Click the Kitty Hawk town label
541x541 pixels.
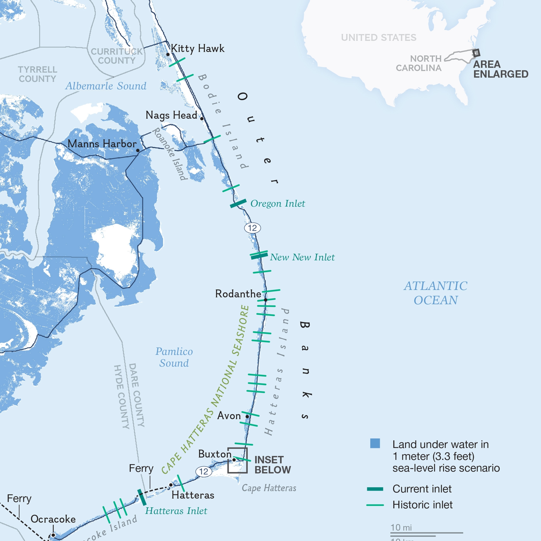click(x=197, y=48)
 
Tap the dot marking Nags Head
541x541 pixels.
click(x=202, y=119)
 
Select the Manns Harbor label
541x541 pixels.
click(x=102, y=144)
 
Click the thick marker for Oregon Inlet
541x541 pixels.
click(x=238, y=204)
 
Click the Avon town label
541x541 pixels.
click(x=229, y=416)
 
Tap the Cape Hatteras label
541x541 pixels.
click(x=269, y=488)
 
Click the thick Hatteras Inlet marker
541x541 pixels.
click(x=142, y=497)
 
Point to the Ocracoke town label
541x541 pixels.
click(x=53, y=519)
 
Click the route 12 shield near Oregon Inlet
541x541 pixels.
click(x=252, y=228)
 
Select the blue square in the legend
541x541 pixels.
click(x=375, y=443)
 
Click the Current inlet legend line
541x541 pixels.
click(x=375, y=489)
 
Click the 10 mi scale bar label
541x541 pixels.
click(x=401, y=528)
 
